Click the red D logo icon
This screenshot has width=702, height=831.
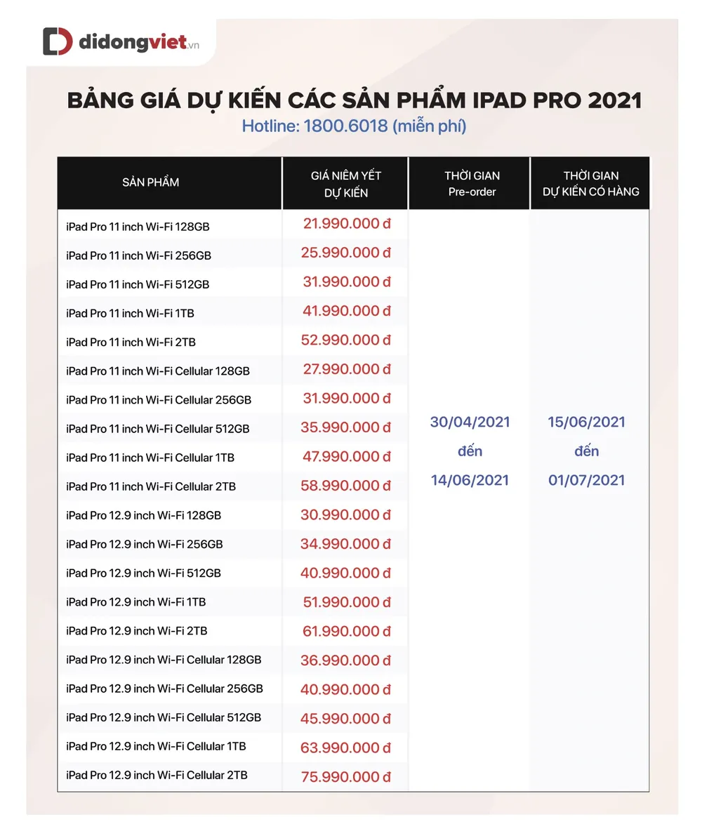point(58,41)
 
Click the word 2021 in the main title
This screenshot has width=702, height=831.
point(615,100)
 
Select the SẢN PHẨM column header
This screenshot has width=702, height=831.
point(150,182)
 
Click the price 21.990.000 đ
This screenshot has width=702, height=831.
point(347,224)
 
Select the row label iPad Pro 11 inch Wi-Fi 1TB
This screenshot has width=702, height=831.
point(130,313)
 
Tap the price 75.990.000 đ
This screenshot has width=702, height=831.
point(346,776)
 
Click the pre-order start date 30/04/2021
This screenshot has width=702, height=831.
point(470,423)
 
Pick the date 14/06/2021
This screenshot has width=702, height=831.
point(470,481)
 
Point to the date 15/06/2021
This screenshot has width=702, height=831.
point(587,423)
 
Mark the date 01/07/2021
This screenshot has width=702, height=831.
point(587,481)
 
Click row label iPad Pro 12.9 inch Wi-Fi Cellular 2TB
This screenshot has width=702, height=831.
point(157,775)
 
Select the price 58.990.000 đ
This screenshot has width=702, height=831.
point(346,486)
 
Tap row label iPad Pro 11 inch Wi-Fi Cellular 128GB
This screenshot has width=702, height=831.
point(158,371)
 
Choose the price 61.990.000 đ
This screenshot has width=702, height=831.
point(346,631)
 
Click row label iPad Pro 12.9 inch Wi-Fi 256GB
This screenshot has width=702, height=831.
point(145,544)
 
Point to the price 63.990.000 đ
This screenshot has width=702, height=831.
point(346,747)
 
